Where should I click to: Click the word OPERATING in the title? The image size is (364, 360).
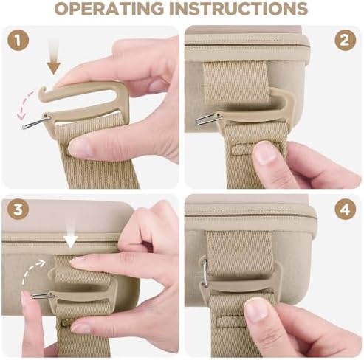click(109, 8)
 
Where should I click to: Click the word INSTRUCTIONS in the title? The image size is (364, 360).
click(238, 8)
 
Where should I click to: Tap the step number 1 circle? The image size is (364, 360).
click(18, 41)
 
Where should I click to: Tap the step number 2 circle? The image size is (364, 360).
click(345, 41)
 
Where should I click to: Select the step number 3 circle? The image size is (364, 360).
click(18, 210)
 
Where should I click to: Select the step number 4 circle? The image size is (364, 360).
click(345, 210)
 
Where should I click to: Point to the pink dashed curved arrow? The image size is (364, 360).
click(24, 105)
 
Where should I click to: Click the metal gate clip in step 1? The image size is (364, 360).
click(35, 122)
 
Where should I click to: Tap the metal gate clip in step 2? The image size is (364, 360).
click(208, 119)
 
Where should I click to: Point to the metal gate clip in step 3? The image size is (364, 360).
click(42, 296)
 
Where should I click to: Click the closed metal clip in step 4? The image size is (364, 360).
click(205, 272)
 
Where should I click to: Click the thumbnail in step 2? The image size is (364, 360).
click(264, 153)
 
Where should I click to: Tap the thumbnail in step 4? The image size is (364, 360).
click(256, 311)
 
